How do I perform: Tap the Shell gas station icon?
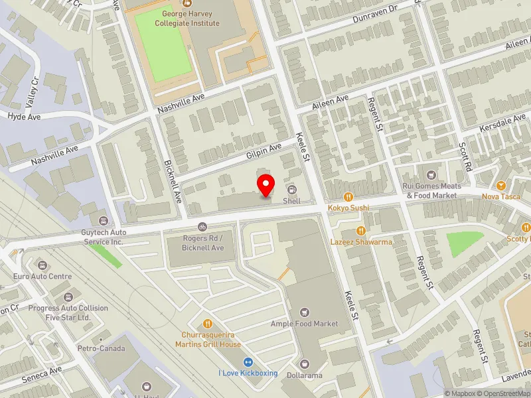292,190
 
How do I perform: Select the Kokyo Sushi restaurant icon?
347,197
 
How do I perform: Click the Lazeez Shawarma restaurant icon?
360,231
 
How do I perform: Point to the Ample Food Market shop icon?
305,312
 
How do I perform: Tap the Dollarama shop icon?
305,364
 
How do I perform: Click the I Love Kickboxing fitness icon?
248,362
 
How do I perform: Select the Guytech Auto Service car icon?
103,220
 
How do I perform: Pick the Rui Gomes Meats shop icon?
431,175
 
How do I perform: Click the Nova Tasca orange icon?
500,185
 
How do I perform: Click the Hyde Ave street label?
24,116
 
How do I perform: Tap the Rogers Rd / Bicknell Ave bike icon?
202,227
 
